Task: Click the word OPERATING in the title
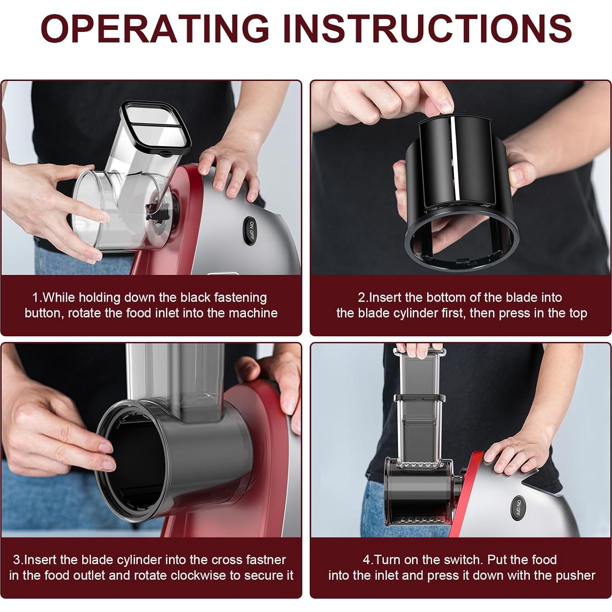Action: pos(155,28)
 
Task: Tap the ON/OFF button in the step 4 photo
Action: pos(518,508)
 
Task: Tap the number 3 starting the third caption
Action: pos(16,560)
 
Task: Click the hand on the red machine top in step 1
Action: pos(229,172)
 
